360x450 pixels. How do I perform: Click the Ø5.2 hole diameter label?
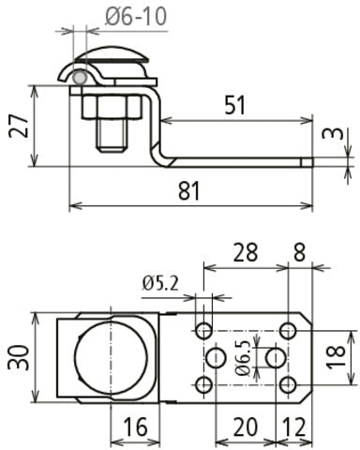pyautogui.click(x=161, y=281)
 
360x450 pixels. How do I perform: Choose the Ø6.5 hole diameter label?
pyautogui.click(x=243, y=357)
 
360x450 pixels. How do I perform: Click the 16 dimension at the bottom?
pyautogui.click(x=137, y=427)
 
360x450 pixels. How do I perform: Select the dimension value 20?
pyautogui.click(x=246, y=427)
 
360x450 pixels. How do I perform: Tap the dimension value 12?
pyautogui.click(x=292, y=427)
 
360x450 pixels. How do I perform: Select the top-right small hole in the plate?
pyautogui.click(x=289, y=329)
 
